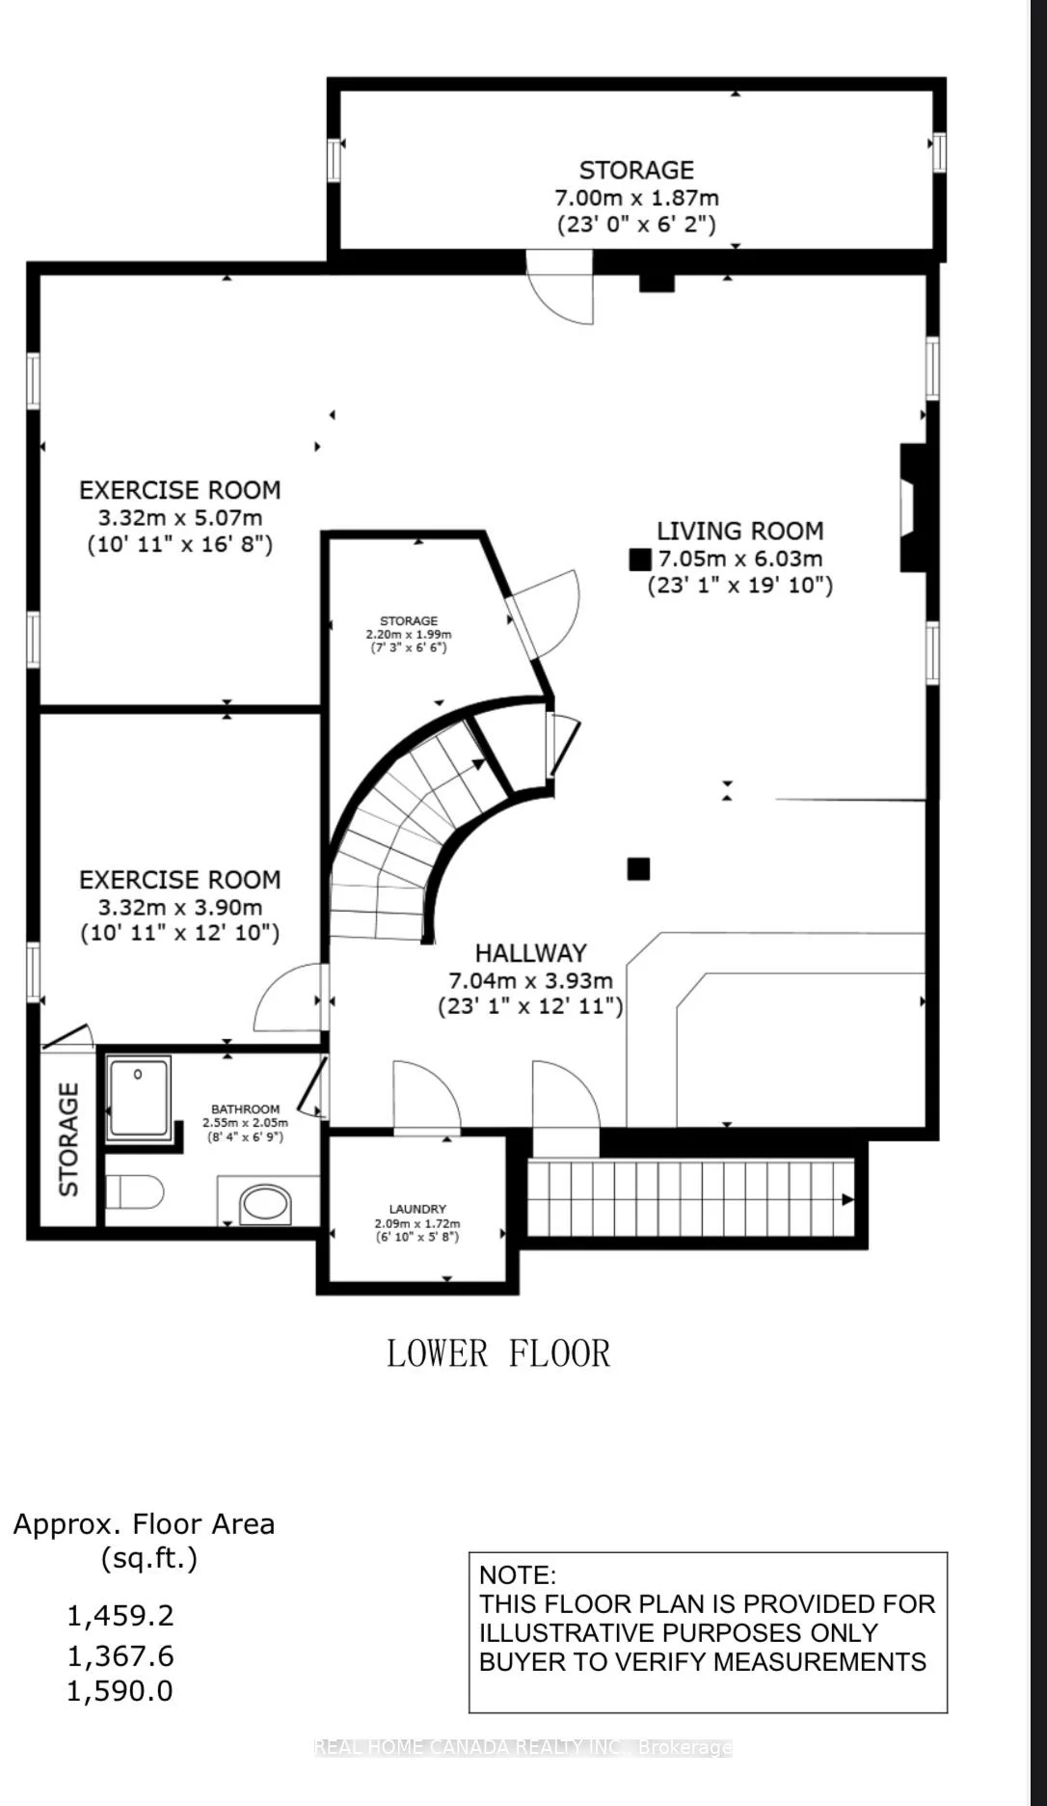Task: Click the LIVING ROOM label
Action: point(739,531)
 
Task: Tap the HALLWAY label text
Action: point(530,953)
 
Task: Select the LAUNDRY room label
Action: point(417,1209)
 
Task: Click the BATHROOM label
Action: point(246,1109)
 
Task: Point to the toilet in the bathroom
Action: point(135,1192)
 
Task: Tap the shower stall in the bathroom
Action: point(139,1097)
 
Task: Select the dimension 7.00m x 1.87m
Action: point(636,198)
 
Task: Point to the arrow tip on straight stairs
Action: point(847,1199)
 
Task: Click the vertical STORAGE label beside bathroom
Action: point(68,1139)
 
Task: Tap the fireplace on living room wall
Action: point(912,507)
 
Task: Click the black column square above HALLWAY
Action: point(638,869)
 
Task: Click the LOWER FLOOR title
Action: point(498,1354)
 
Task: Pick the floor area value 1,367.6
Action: point(121,1656)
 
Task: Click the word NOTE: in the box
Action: point(518,1575)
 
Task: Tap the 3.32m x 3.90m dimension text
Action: point(180,907)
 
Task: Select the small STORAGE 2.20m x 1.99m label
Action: point(409,621)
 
